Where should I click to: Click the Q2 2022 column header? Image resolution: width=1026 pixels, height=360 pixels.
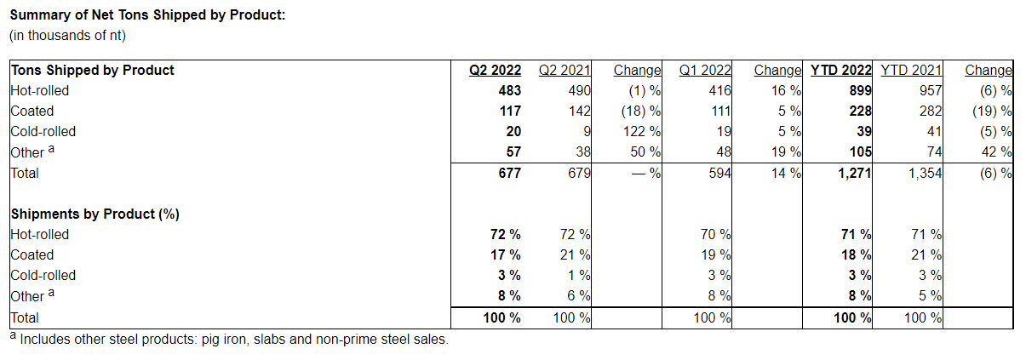pyautogui.click(x=496, y=70)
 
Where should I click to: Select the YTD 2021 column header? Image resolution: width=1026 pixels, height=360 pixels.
pyautogui.click(x=911, y=70)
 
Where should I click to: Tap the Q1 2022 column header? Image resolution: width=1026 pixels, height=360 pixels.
pyautogui.click(x=705, y=70)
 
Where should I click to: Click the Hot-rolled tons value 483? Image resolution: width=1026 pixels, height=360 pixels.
pyautogui.click(x=509, y=90)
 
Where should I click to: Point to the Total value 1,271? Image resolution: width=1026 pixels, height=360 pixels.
pyautogui.click(x=851, y=173)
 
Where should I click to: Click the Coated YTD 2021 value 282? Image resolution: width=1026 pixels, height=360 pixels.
pyautogui.click(x=931, y=111)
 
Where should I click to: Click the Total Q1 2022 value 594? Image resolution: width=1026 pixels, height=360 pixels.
pyautogui.click(x=720, y=173)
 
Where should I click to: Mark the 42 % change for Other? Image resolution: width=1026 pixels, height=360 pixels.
pyautogui.click(x=997, y=152)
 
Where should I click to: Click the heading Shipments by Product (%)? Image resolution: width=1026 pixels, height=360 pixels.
pyautogui.click(x=95, y=214)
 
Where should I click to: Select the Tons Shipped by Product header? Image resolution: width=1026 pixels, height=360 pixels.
pyautogui.click(x=92, y=70)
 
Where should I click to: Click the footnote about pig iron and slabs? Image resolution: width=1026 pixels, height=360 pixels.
pyautogui.click(x=228, y=339)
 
